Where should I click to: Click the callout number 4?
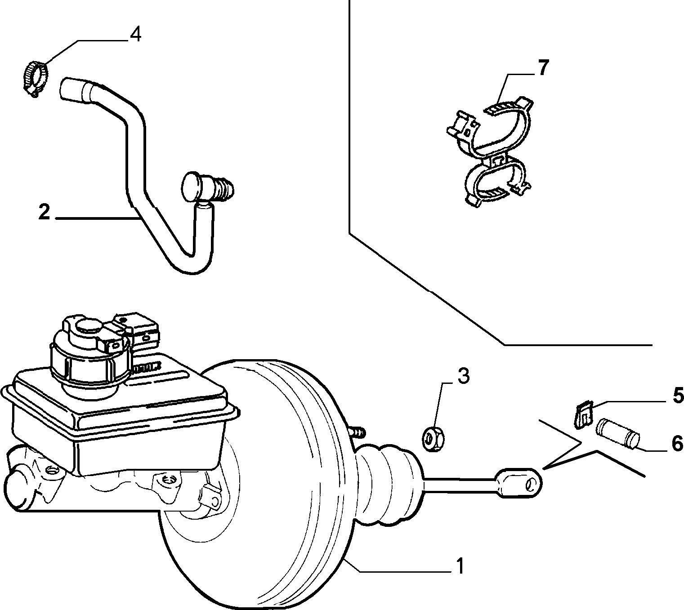coord(135,34)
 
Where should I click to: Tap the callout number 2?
coord(44,212)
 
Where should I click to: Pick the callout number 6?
coord(677,443)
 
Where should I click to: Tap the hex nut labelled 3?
coord(433,439)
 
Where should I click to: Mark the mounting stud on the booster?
coord(358,432)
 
